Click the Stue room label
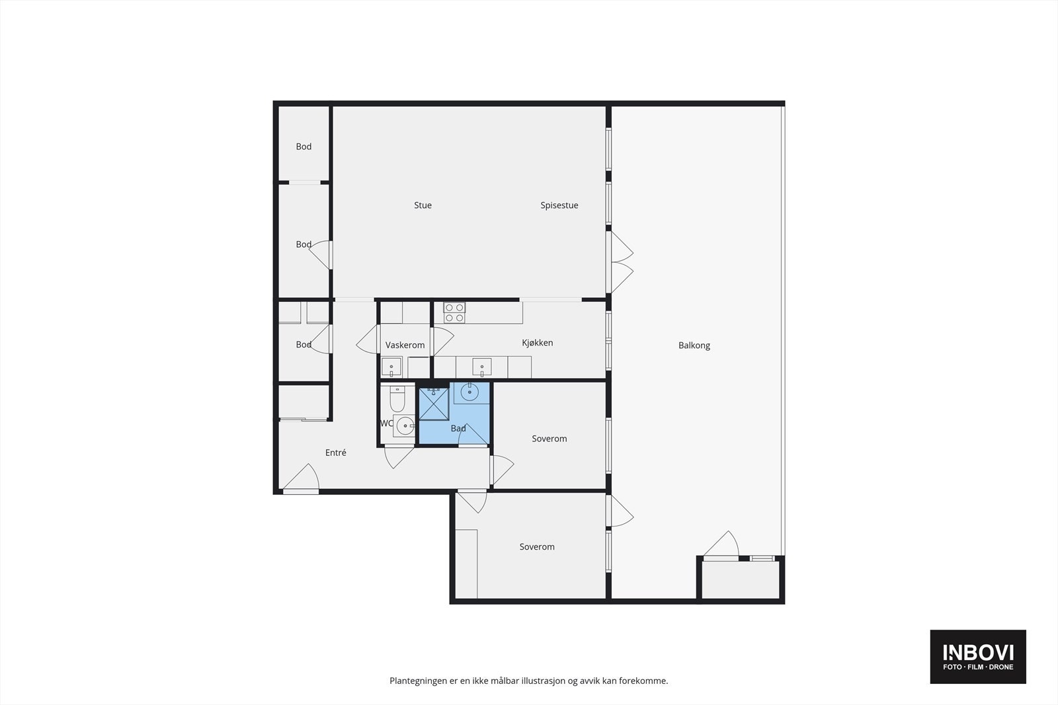coord(423,205)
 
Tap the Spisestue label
coord(559,205)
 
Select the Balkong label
coord(694,346)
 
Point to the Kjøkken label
coord(537,343)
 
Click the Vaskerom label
coord(405,346)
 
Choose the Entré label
coord(335,453)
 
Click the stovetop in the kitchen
coord(454,312)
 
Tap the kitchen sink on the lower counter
coord(481,367)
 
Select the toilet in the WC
coord(397,399)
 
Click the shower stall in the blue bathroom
coord(434,404)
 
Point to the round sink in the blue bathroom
coord(469,392)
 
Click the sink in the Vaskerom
coord(391,367)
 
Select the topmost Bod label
coord(304,147)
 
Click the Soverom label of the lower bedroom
coord(537,547)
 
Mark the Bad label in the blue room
coord(458,429)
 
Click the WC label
coord(386,424)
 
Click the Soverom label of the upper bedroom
coord(549,439)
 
